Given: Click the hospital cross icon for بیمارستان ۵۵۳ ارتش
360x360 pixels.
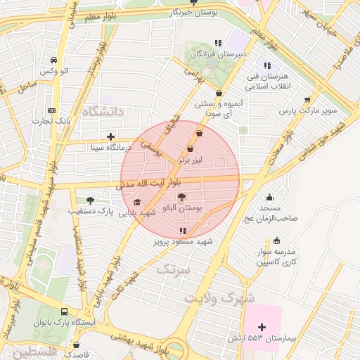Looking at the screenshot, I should coord(262,327).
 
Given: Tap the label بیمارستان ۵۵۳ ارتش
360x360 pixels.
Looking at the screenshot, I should coord(253,339).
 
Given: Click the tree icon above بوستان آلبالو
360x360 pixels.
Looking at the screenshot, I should coord(182,198).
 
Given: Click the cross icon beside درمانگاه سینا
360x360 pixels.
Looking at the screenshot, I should coord(110,136).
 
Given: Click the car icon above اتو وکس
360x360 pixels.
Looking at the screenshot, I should coord(55,60).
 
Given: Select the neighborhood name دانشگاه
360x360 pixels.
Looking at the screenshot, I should coord(102,112).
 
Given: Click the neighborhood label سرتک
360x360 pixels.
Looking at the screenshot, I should coord(174,269).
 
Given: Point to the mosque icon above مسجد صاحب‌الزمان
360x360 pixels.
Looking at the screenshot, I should coord(269,198).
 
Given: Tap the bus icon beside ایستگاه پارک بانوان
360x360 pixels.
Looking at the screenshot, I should coord(65,311).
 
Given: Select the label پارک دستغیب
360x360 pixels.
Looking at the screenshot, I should coord(91,210).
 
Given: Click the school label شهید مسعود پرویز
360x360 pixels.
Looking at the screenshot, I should coord(184,241).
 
